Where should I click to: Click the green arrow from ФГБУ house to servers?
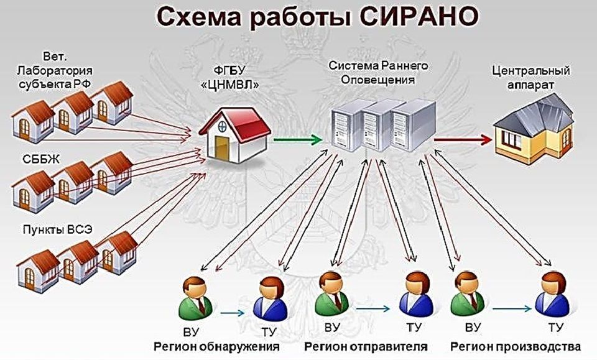tap(298, 140)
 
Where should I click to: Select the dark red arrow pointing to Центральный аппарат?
tap(463, 140)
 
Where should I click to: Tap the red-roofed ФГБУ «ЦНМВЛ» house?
tap(235, 134)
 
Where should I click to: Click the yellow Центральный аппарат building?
tap(534, 129)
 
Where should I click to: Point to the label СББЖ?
tap(41, 159)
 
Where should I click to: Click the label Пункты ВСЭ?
tap(57, 229)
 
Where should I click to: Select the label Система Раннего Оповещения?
tap(378, 72)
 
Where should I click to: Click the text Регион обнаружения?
tap(216, 347)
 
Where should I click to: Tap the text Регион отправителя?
tap(366, 347)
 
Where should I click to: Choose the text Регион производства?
tap(516, 347)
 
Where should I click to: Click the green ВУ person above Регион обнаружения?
tap(195, 298)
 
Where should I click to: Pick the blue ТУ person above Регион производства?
tap(552, 294)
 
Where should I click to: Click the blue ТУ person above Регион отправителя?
tap(417, 294)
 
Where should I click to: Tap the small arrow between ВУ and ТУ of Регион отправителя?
tap(373, 309)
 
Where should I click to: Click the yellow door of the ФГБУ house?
tap(221, 148)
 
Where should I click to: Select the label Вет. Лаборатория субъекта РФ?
tap(55, 71)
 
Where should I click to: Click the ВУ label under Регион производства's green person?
tap(473, 328)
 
